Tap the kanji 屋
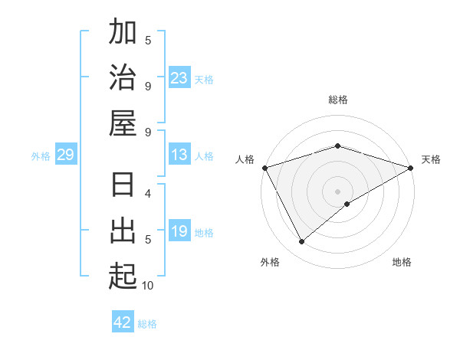tap(123, 123)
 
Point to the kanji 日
tap(123, 186)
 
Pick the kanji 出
tap(123, 231)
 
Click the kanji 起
tap(123, 276)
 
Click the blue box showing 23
tap(179, 78)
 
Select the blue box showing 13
tap(179, 155)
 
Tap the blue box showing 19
tap(179, 231)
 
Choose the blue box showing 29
tap(65, 155)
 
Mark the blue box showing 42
tap(123, 322)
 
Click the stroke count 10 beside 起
tap(148, 286)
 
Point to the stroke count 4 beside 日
tap(148, 193)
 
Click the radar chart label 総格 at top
tap(337, 100)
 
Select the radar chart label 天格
tap(432, 159)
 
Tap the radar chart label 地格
tap(402, 262)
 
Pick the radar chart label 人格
tap(245, 159)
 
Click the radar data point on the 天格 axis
tap(411, 167)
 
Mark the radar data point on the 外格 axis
tap(302, 241)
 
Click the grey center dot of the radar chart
tap(337, 191)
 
